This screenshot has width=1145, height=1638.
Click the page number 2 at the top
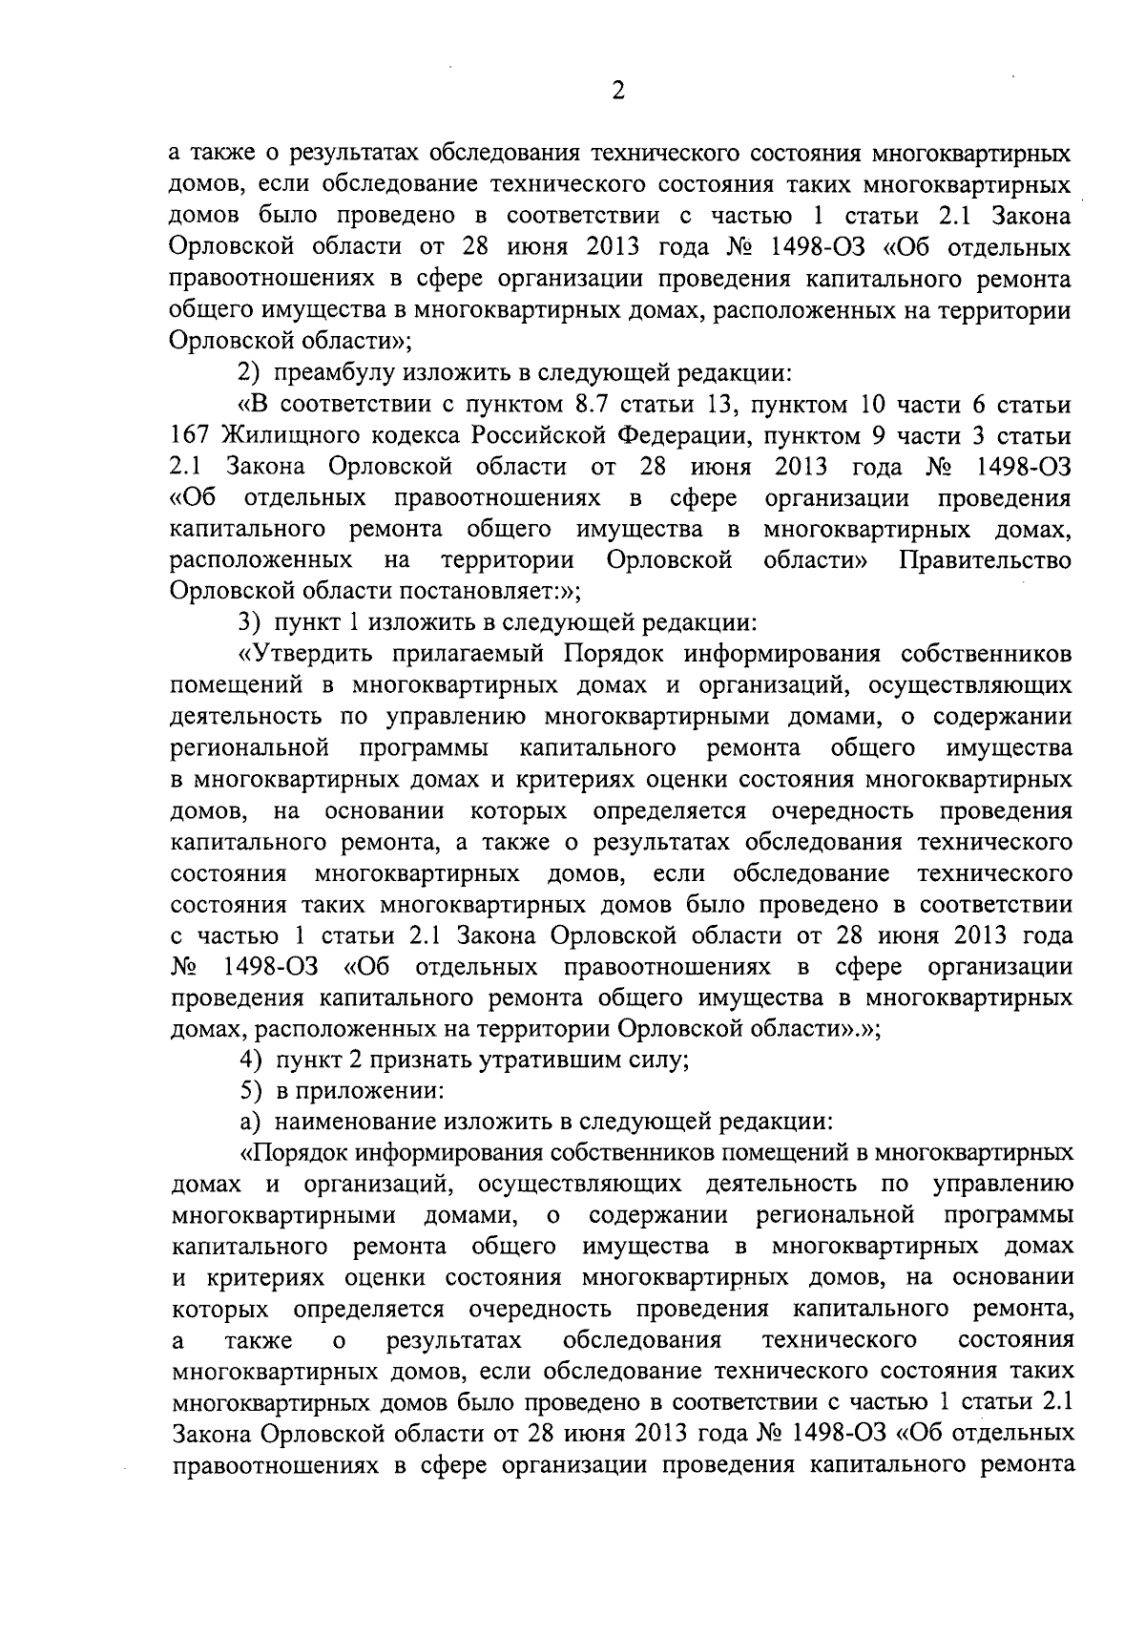[617, 92]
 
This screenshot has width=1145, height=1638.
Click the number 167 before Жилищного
[190, 436]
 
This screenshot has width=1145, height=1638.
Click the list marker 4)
[251, 1060]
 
